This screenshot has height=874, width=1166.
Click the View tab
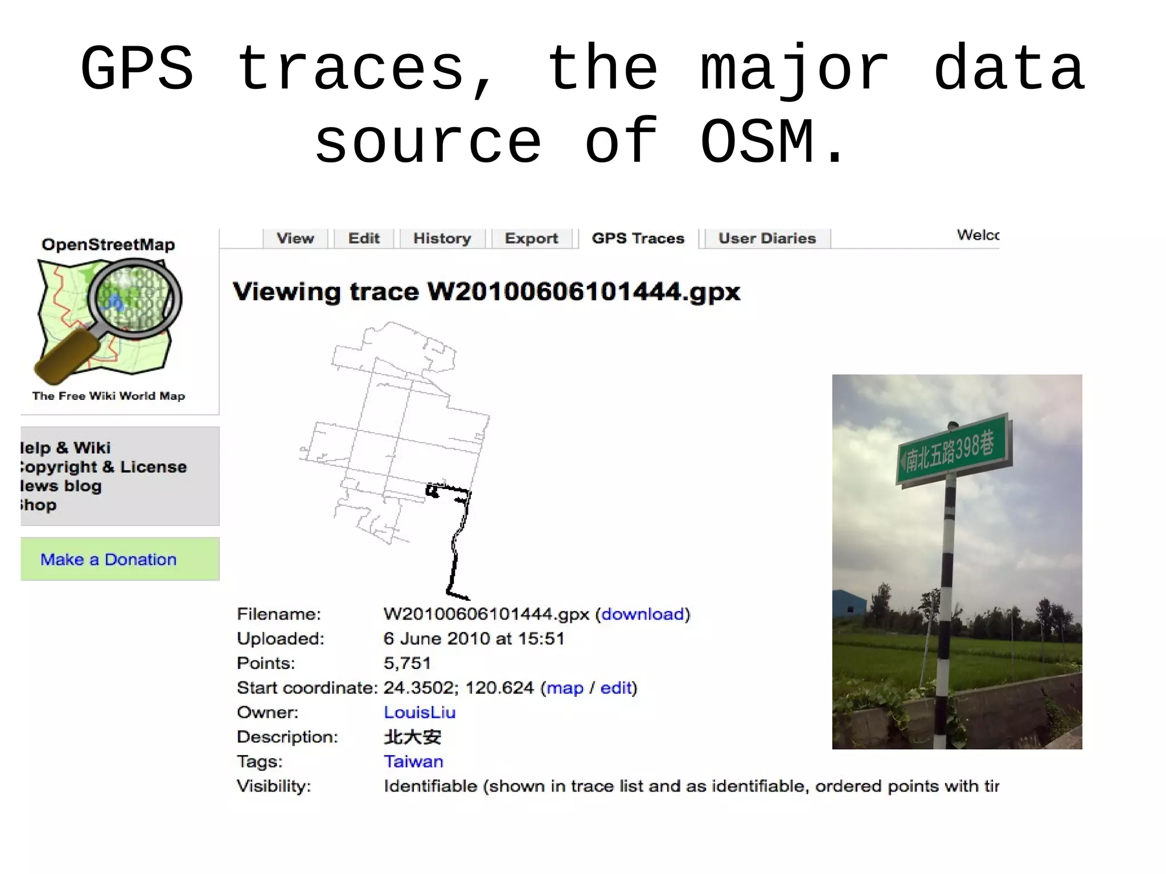coord(295,238)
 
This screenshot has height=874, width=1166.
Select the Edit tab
coord(364,238)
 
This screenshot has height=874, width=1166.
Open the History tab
coord(442,238)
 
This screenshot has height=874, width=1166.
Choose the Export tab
coord(531,238)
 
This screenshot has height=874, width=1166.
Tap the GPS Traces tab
coord(638,238)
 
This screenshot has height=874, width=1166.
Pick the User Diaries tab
coord(767,238)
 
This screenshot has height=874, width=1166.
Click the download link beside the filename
coord(642,614)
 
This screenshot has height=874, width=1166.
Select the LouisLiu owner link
coord(420,712)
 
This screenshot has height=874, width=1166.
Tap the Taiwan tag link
coord(413,761)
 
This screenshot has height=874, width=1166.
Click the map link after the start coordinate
coord(565,688)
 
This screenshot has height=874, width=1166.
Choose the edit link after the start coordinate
coord(616,688)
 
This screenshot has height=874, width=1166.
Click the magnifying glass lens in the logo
coord(134,298)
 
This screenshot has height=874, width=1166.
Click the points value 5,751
coord(407,663)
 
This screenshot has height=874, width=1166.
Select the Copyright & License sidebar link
coord(102,467)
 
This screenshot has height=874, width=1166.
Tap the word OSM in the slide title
coord(757,142)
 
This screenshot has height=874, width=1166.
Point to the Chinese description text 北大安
coord(413,737)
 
